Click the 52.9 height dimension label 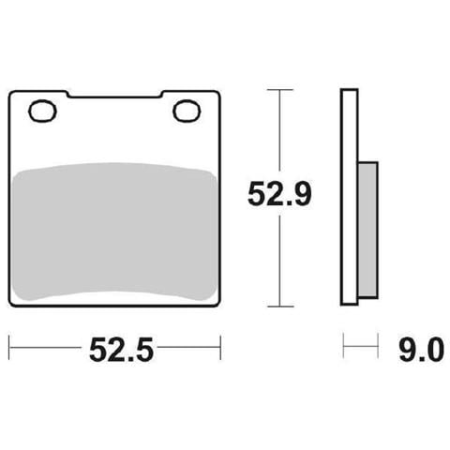279,194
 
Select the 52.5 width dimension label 121,350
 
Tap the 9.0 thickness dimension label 421,350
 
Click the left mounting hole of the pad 42,111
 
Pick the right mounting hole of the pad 187,111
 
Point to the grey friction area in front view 114,232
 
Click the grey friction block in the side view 367,230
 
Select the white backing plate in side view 349,197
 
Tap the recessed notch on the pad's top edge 115,95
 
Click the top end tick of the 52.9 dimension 280,90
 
